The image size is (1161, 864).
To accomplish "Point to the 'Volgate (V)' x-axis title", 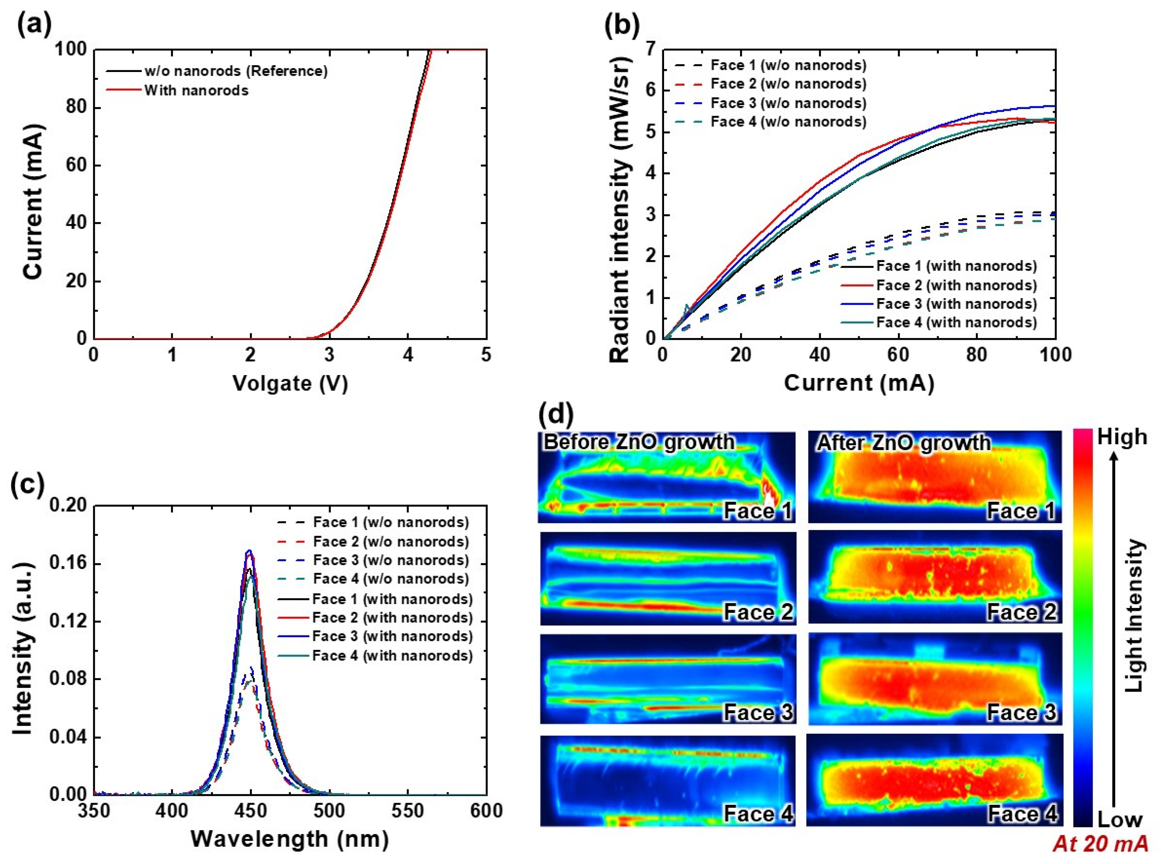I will click(x=290, y=383).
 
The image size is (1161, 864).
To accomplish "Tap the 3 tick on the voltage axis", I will click(x=329, y=356).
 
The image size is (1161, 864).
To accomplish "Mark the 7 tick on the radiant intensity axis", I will click(x=650, y=50).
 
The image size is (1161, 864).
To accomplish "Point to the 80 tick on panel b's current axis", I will click(x=976, y=356).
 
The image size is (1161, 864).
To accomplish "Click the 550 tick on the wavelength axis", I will click(x=408, y=811).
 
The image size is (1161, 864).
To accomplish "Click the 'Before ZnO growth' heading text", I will click(x=639, y=442).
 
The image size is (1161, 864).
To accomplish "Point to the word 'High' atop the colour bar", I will click(x=1122, y=437).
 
